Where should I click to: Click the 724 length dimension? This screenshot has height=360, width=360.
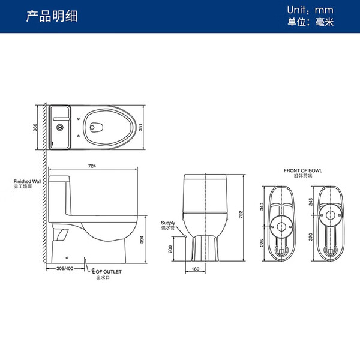92,166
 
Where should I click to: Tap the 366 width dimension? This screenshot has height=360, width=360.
35,127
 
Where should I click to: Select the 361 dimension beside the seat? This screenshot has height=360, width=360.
140,127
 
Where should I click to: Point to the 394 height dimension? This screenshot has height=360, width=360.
142,239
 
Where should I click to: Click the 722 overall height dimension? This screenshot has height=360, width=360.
241,215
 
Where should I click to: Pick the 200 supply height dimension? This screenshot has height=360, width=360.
170,249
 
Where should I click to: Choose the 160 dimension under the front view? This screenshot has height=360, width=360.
195,269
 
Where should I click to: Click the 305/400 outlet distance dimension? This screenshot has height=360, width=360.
65,268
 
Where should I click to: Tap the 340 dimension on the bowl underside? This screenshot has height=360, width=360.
262,206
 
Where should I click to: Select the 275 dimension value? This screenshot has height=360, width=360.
262,243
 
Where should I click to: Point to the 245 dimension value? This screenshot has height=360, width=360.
310,202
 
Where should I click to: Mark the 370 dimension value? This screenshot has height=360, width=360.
310,237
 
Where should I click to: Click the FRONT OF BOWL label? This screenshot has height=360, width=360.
303,170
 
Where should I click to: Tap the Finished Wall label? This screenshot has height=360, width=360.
28,181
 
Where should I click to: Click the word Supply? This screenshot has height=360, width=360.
168,223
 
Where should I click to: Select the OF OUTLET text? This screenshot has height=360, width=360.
109,272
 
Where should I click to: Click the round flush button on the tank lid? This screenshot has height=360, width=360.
59,127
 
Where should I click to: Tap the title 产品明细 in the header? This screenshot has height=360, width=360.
52,16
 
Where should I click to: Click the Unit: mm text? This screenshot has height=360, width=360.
310,10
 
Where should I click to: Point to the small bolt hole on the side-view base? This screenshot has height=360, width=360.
67,258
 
